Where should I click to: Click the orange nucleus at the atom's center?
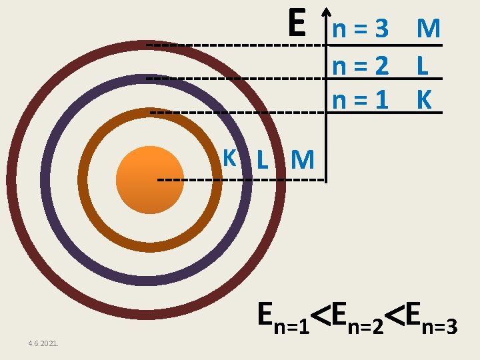(x=149, y=179)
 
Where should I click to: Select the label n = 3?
(x=360, y=29)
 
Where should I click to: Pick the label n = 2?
(x=360, y=65)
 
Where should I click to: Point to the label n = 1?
(x=360, y=99)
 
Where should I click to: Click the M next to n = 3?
(x=428, y=29)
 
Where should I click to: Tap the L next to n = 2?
(x=421, y=65)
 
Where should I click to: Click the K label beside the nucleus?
(x=230, y=158)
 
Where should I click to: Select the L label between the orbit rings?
(x=263, y=160)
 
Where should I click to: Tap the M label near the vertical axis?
(x=303, y=160)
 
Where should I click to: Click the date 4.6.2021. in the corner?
(x=43, y=343)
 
